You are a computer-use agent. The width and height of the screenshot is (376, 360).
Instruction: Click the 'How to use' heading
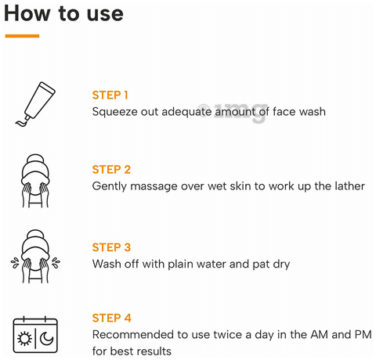pos(63,13)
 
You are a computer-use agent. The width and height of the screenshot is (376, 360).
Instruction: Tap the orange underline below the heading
pos(22,36)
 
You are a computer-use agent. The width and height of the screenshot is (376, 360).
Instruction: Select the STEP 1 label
pos(110,95)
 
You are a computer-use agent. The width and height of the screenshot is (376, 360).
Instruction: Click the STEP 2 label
pos(111,170)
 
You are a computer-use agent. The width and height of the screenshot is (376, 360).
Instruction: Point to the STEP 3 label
pos(111,247)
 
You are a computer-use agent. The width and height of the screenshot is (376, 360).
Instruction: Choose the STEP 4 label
pos(111,318)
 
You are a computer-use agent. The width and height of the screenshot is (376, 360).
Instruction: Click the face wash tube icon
pos(35,105)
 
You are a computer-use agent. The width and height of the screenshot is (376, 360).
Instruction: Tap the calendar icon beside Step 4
pos(35,334)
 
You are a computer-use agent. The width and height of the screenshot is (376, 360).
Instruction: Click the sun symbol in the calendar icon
pos(24,339)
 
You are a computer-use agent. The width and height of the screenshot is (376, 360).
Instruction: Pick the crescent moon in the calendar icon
pos(46,339)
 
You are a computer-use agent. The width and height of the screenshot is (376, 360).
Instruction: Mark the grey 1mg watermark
pos(233,112)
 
